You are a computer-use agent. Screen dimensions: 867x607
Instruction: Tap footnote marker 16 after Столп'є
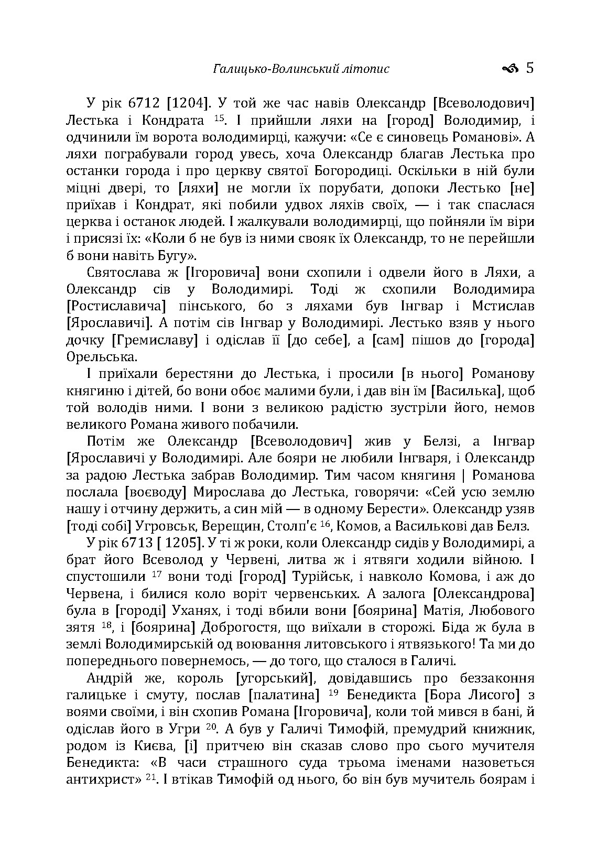pos(326,524)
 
